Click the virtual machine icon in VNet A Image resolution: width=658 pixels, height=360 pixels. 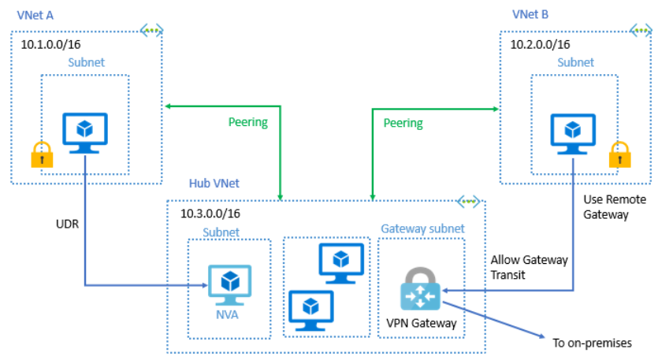click(85, 133)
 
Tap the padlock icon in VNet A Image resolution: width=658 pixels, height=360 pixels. click(40, 155)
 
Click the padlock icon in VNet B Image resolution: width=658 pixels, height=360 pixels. click(619, 154)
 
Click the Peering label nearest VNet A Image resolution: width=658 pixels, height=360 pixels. click(247, 122)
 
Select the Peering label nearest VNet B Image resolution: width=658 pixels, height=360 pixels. click(403, 123)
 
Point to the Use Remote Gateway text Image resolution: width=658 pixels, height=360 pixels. click(608, 207)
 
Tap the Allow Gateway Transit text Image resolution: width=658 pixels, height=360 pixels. click(528, 266)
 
